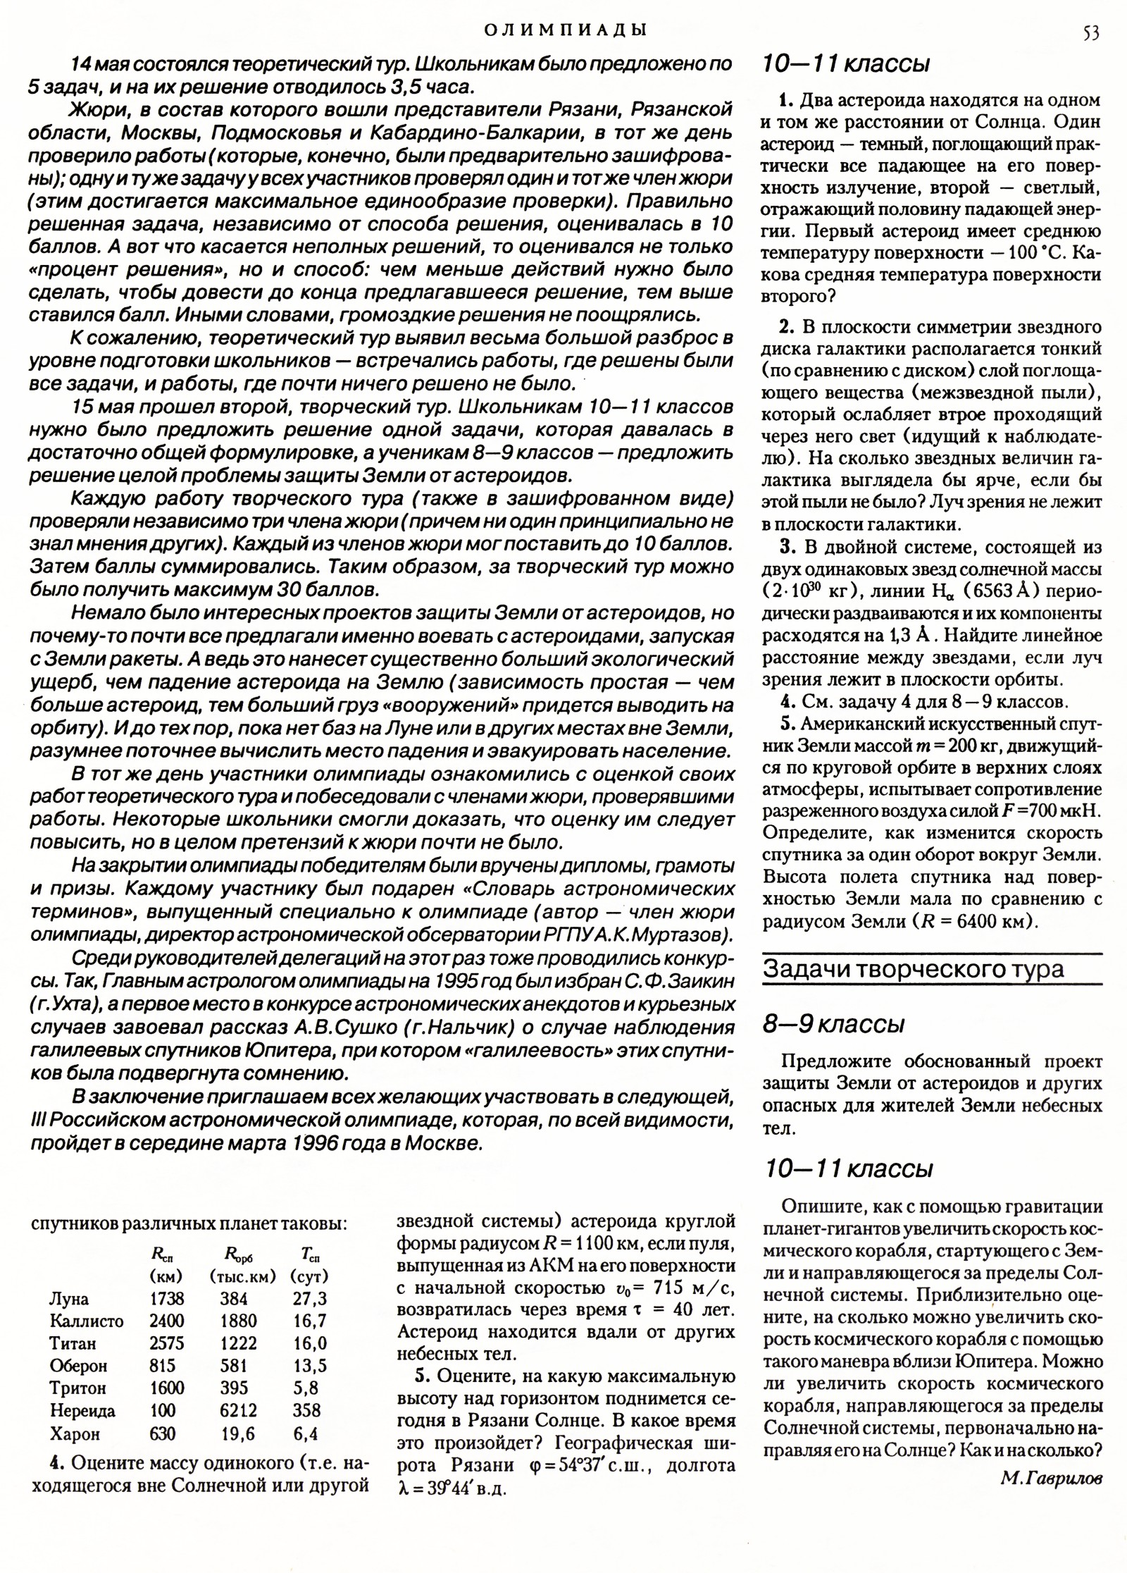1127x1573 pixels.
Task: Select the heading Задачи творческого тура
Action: (x=913, y=970)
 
